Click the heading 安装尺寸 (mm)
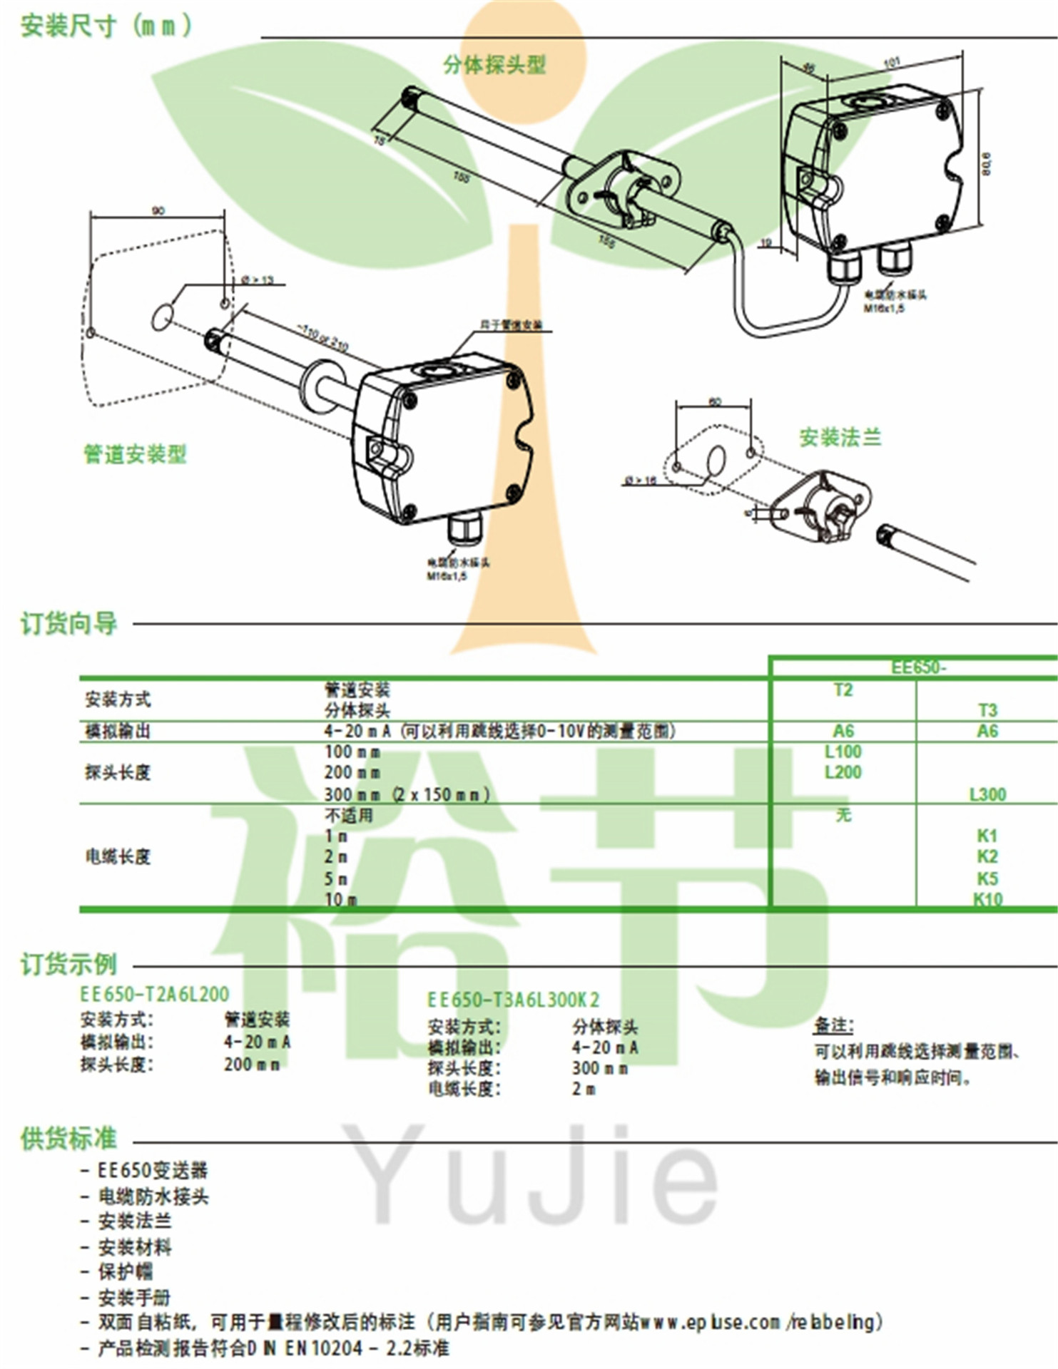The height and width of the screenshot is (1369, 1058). (x=106, y=26)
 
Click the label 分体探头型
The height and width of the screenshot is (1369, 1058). (x=494, y=65)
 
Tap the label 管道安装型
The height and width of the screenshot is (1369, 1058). (x=135, y=453)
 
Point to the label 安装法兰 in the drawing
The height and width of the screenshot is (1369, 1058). (x=840, y=437)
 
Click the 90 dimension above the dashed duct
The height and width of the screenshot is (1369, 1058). (x=158, y=210)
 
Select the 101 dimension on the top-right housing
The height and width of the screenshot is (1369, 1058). (x=892, y=63)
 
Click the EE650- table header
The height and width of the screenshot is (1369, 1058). (x=918, y=667)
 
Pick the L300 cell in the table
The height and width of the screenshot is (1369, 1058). (x=987, y=794)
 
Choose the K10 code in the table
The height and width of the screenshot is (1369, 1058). (x=987, y=899)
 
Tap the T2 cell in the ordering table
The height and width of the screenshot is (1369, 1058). (x=843, y=689)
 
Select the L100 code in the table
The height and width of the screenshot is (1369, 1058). (x=843, y=752)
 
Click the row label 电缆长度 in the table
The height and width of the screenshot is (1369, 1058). (x=118, y=856)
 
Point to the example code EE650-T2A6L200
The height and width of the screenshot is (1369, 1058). (x=154, y=994)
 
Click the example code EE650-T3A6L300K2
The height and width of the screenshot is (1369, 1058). (x=513, y=1000)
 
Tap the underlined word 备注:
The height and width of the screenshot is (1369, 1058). (x=833, y=1025)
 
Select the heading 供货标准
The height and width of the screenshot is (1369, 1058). (x=68, y=1139)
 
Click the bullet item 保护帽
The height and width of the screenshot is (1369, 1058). (x=126, y=1271)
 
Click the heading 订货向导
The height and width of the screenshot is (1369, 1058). (x=68, y=623)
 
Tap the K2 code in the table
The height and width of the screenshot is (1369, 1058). (x=987, y=856)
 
